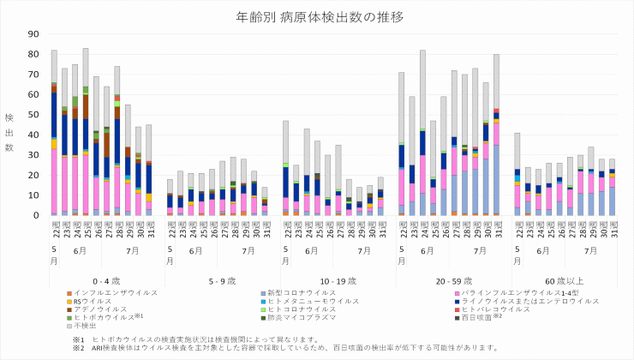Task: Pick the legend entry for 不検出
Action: (x=86, y=325)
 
